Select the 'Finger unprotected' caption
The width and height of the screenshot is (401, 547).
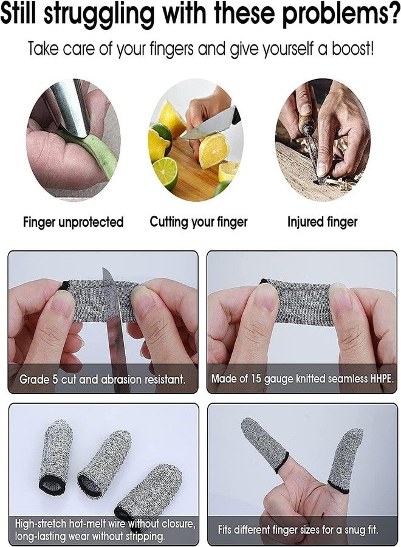[74, 222]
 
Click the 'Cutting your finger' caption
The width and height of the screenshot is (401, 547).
[199, 221]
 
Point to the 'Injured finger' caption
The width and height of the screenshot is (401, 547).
[323, 221]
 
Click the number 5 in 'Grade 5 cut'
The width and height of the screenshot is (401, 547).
[55, 379]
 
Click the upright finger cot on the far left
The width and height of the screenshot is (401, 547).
[56, 457]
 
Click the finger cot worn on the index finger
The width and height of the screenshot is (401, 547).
[264, 444]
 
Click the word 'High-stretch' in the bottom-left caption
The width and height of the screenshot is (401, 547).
[40, 524]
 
